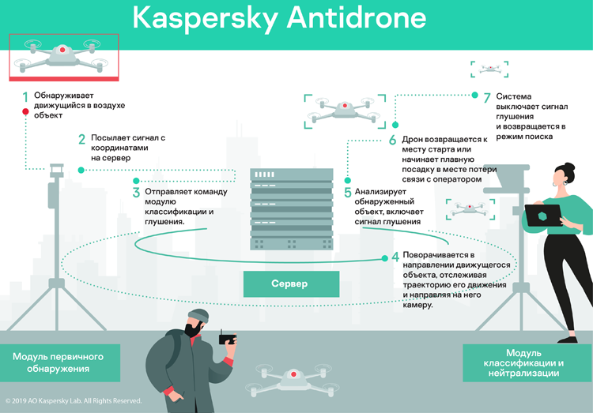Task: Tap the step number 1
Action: tap(25, 97)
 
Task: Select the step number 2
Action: tap(81, 140)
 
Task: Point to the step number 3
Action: tap(136, 192)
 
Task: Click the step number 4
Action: tap(395, 257)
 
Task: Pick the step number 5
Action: tap(347, 192)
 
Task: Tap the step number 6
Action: tap(392, 140)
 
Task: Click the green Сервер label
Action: tap(290, 283)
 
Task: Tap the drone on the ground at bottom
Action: tap(292, 378)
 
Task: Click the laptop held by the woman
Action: tap(544, 216)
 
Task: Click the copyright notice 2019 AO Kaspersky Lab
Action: tap(74, 400)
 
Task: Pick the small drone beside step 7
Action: tap(486, 69)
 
